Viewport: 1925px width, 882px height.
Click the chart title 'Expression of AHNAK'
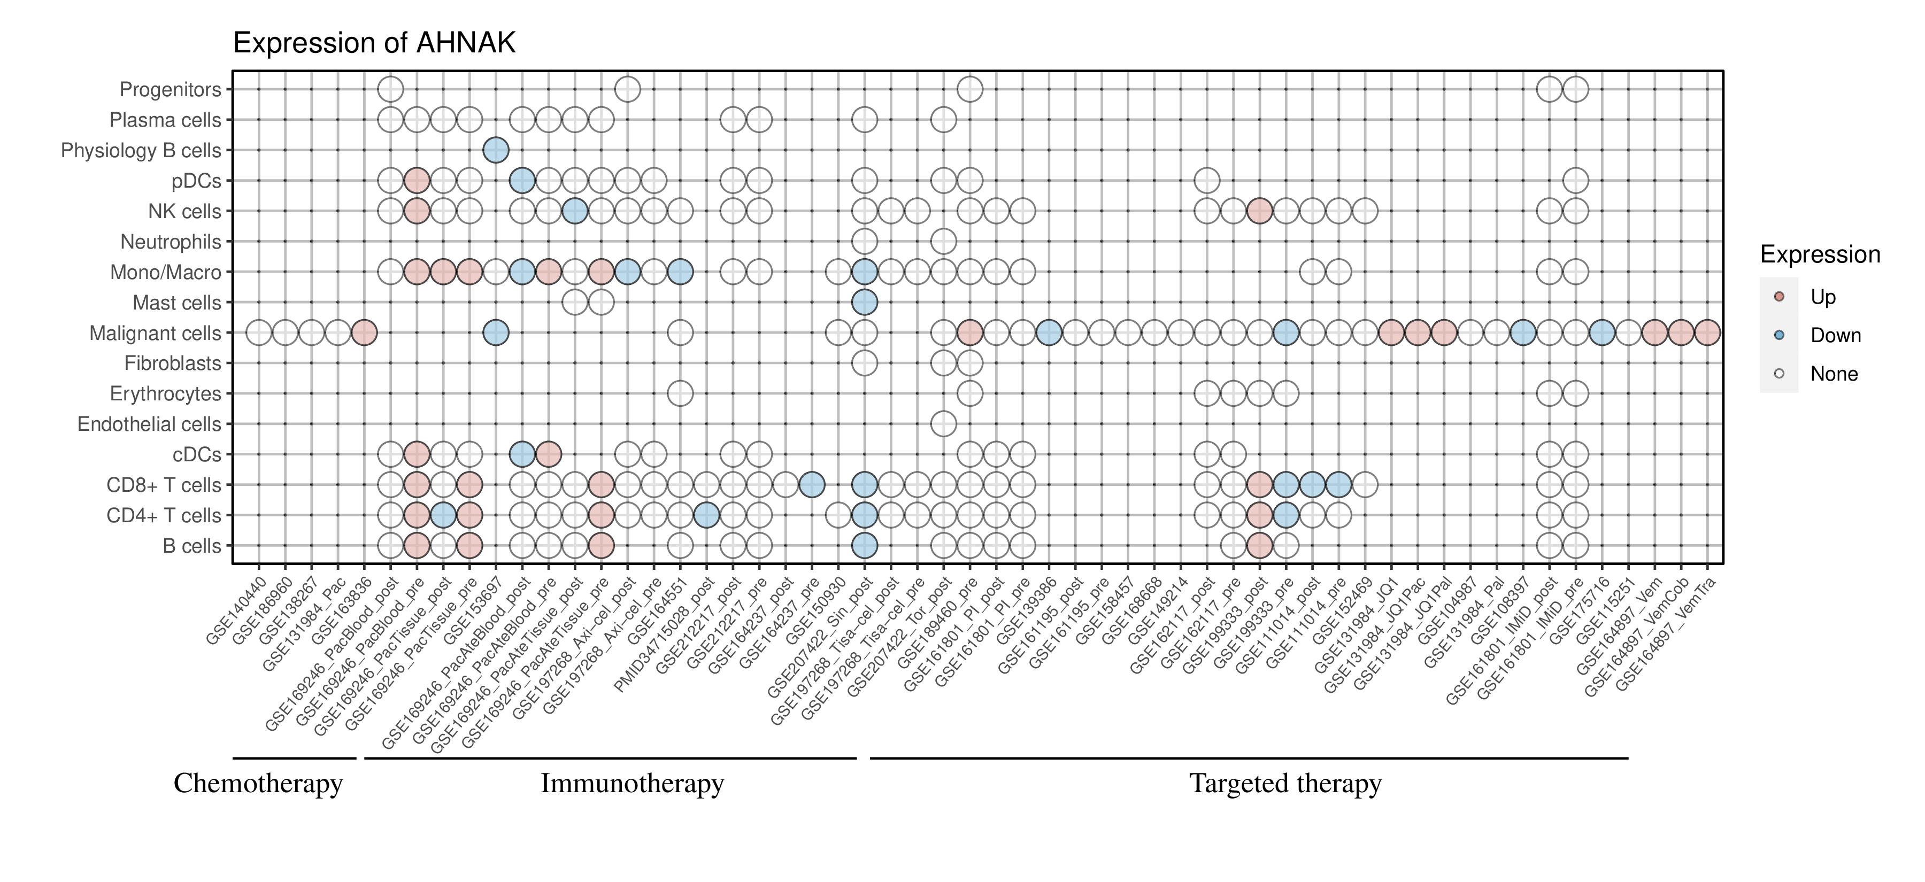(x=374, y=43)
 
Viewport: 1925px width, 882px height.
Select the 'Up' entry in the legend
(x=1823, y=297)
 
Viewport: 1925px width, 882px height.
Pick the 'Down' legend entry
(x=1835, y=335)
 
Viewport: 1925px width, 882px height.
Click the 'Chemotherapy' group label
(x=258, y=784)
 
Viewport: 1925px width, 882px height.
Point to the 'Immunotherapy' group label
(x=632, y=784)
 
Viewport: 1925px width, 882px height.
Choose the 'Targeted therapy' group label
(x=1285, y=784)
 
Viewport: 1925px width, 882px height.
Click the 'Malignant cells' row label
(x=156, y=333)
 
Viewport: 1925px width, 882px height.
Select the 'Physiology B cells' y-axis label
(x=141, y=151)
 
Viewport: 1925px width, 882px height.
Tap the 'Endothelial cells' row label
(x=150, y=424)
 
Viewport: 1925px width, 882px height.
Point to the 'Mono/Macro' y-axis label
(x=166, y=273)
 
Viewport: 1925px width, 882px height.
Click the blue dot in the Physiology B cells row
(x=496, y=150)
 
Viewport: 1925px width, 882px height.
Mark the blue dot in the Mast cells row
(x=864, y=303)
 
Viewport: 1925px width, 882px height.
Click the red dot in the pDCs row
(x=416, y=181)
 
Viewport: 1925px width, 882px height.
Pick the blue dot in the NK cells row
(x=575, y=211)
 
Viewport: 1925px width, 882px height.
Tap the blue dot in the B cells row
(x=864, y=546)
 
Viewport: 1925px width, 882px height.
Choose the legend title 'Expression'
(x=1820, y=254)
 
